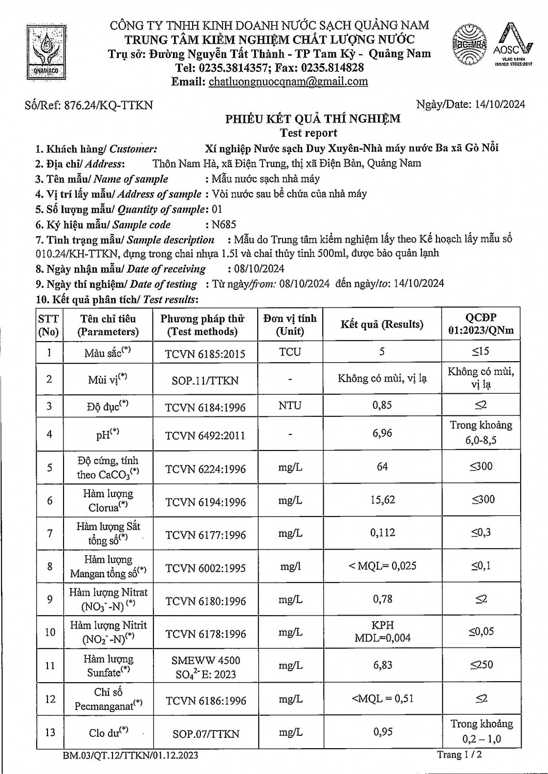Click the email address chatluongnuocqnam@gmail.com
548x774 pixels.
pyautogui.click(x=288, y=82)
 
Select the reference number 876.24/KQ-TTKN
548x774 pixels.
pyautogui.click(x=108, y=105)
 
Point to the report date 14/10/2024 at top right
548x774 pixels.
pyautogui.click(x=499, y=104)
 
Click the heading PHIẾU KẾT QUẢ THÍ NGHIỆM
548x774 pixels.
pyautogui.click(x=312, y=119)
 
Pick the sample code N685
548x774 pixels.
pyautogui.click(x=221, y=224)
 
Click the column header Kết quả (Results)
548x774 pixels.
pyautogui.click(x=382, y=325)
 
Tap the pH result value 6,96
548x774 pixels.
pyautogui.click(x=382, y=433)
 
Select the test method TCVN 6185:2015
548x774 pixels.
pyautogui.click(x=205, y=354)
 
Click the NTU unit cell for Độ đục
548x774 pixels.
pyautogui.click(x=290, y=406)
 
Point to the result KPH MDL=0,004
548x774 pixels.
pyautogui.click(x=383, y=632)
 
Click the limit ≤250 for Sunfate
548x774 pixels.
pyautogui.click(x=481, y=665)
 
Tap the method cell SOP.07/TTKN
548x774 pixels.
pyautogui.click(x=206, y=734)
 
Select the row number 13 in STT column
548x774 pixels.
pyautogui.click(x=50, y=732)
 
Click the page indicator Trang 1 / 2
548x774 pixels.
pyautogui.click(x=460, y=755)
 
